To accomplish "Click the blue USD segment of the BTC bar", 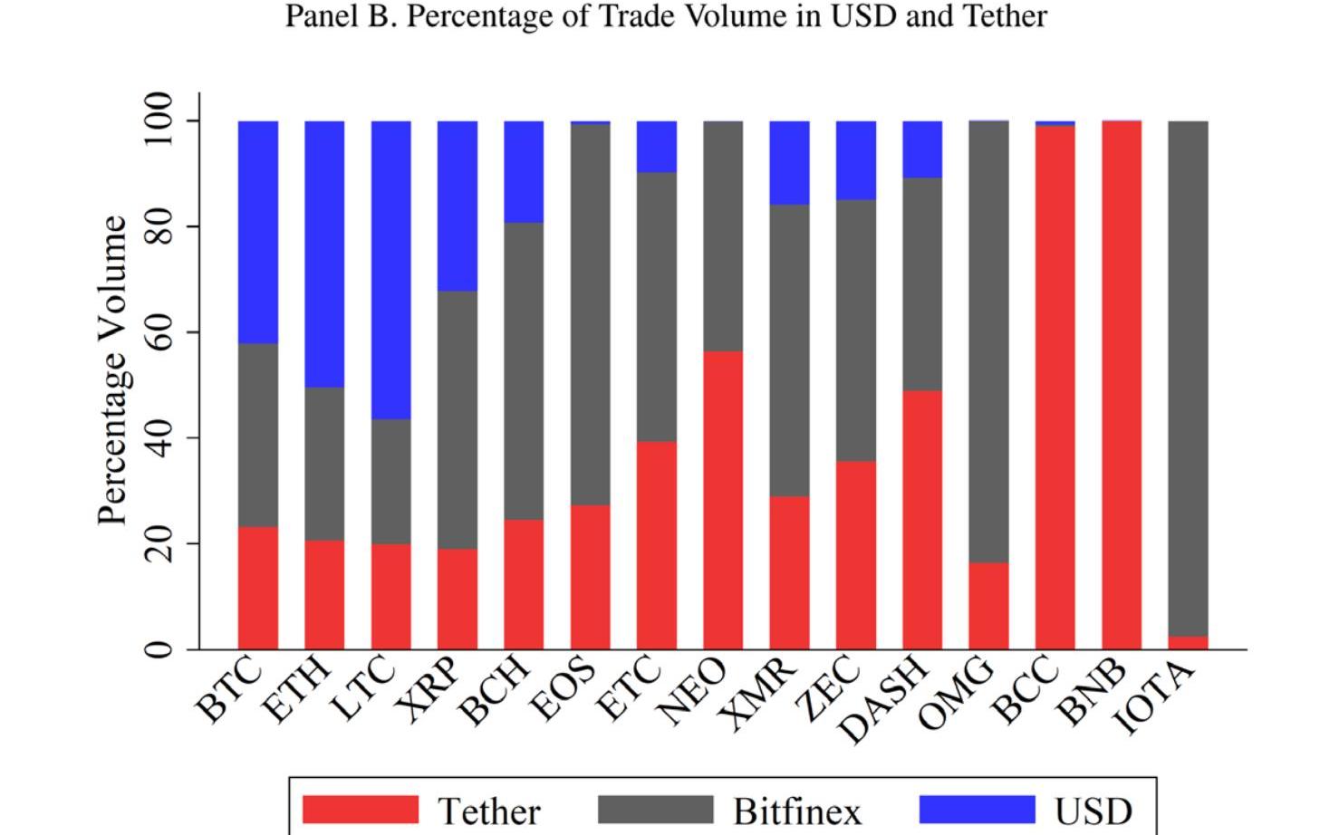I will pos(257,232).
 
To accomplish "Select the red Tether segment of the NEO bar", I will pos(723,500).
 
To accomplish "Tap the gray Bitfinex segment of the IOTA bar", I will pos(1188,379).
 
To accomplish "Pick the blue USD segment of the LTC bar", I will pos(390,270).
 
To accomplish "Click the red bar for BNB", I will pos(1122,385).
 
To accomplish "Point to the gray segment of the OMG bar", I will pos(988,342).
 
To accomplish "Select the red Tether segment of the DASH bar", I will pos(922,520).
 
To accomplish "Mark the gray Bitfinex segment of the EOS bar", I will pos(590,314).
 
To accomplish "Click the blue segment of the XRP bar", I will pos(458,206).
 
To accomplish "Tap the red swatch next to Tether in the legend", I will pos(361,810).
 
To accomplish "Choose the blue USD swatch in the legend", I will pos(977,810).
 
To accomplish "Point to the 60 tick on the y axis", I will pos(158,332).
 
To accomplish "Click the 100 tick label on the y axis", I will pos(158,120).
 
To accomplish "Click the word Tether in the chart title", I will pos(996,16).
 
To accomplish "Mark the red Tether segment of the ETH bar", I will pos(324,595).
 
